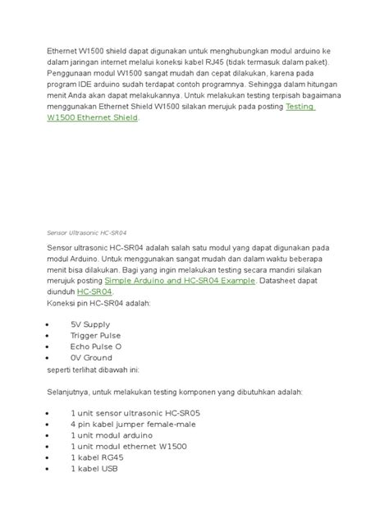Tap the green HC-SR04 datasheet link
[95, 292]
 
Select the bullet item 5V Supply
[89, 324]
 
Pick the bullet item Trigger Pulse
[95, 336]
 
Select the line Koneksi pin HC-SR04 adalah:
[98, 303]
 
